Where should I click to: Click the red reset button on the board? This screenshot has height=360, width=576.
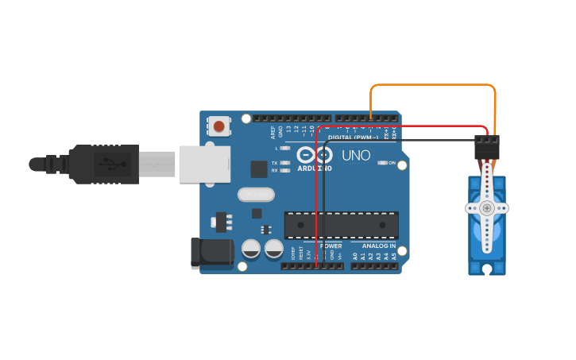point(218,126)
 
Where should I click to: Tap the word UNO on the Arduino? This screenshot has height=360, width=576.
point(356,156)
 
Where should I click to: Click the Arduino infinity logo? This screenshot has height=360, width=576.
point(315,154)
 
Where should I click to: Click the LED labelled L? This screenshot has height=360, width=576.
point(285,149)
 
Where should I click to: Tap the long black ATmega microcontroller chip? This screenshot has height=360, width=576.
point(342,225)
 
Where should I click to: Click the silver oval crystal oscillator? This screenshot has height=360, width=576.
point(256,194)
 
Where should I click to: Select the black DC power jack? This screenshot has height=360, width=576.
point(211,253)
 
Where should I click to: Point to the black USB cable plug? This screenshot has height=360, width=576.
point(103,165)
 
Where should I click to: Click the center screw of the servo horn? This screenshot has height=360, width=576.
point(486,208)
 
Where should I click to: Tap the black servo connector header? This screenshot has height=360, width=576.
point(487,146)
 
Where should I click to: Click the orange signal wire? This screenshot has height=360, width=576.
point(433,84)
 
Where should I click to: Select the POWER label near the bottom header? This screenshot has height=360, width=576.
point(331,246)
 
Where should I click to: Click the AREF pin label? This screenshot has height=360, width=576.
point(273,132)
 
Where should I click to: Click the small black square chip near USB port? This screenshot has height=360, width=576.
point(259,168)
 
